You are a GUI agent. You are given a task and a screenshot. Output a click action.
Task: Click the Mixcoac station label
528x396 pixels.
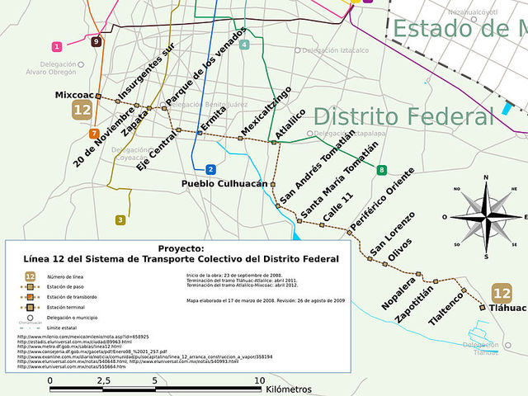(72, 96)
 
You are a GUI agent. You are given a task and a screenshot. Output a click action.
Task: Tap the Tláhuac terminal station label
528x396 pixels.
(507, 308)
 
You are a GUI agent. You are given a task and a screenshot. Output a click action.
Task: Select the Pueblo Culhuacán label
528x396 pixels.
(225, 184)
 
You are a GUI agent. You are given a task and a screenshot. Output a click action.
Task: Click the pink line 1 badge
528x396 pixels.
(57, 47)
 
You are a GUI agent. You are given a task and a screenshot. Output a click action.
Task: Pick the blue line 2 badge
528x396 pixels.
(211, 169)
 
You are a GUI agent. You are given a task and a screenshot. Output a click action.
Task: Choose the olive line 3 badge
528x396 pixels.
(120, 219)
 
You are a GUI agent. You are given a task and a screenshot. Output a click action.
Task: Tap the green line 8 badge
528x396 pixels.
(381, 170)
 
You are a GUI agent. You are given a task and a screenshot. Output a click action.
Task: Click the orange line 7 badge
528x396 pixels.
(95, 133)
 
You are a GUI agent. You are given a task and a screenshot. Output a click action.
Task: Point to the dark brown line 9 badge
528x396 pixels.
(97, 41)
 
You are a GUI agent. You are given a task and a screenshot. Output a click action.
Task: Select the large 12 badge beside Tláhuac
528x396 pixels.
(501, 292)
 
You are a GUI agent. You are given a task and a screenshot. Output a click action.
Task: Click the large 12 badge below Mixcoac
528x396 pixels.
(82, 110)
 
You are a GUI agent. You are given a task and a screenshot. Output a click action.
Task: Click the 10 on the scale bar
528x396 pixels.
(259, 380)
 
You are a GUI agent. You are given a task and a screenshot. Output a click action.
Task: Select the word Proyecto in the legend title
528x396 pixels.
(180, 247)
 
